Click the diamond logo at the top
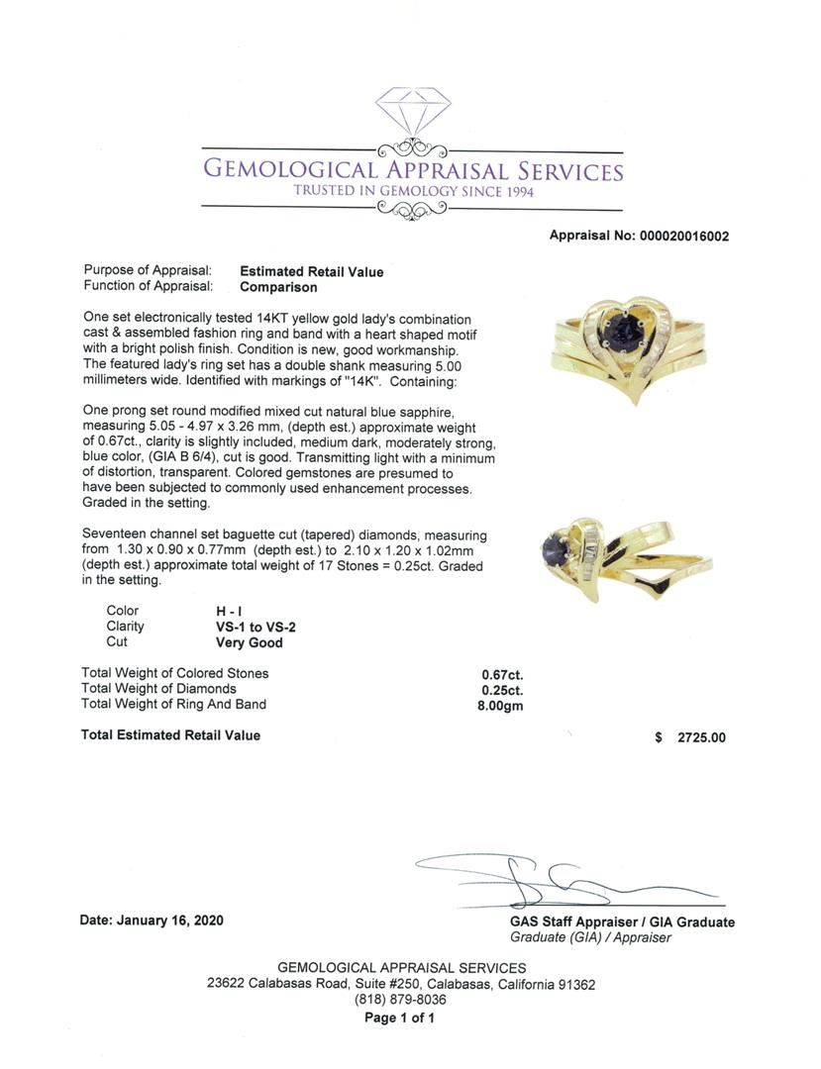tap(413, 117)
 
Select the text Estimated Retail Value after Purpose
tap(312, 271)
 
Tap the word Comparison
tap(279, 287)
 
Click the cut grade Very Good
tap(242, 642)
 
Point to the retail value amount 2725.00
tap(701, 737)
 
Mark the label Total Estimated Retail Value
tap(170, 735)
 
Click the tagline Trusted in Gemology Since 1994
tap(413, 191)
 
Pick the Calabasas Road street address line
tap(401, 984)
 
